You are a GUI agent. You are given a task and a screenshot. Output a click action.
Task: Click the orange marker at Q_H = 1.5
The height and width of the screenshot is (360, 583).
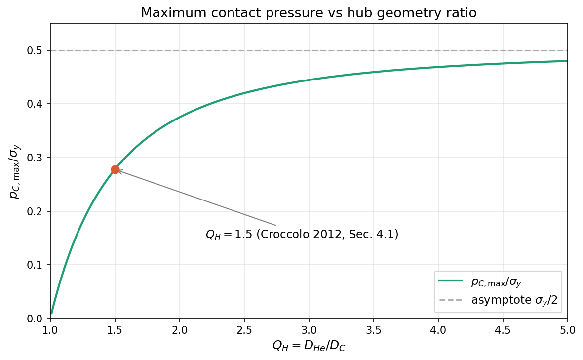point(115,169)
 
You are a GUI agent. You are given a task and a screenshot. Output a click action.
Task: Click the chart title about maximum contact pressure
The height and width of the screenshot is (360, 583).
point(309,13)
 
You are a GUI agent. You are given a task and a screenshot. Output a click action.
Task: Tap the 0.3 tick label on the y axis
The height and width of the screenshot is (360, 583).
point(38,158)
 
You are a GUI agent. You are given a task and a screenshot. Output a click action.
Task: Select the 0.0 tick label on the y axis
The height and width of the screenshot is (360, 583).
point(38,319)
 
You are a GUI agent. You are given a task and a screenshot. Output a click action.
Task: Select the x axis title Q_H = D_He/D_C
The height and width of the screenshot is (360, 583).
point(309,346)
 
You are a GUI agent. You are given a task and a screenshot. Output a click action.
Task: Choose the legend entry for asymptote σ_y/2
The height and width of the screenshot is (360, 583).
point(514,300)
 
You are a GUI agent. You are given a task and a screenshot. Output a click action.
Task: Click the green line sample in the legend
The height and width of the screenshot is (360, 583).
point(450,281)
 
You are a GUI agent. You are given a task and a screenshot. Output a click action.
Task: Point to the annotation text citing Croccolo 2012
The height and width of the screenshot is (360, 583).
point(302,235)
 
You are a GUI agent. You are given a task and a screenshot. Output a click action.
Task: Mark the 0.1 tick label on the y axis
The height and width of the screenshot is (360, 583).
point(38,265)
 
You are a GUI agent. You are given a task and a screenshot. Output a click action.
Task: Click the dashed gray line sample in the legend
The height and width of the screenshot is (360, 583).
point(450,300)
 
